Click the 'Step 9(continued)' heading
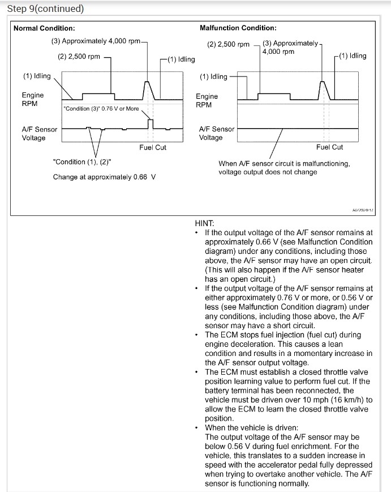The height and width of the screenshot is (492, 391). pyautogui.click(x=45, y=9)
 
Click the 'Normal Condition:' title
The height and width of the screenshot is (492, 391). pyautogui.click(x=44, y=28)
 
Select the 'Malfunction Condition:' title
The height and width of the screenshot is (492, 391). pyautogui.click(x=238, y=28)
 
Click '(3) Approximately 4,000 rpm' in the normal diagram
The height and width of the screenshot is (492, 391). pyautogui.click(x=96, y=41)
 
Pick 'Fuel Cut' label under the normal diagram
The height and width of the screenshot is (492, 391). pyautogui.click(x=153, y=147)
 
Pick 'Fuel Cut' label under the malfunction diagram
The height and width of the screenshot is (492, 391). pyautogui.click(x=330, y=147)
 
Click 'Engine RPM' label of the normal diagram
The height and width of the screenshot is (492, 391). pyautogui.click(x=33, y=100)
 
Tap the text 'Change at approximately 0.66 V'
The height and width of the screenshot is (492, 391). pyautogui.click(x=104, y=177)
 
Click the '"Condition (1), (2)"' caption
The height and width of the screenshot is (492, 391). pyautogui.click(x=81, y=162)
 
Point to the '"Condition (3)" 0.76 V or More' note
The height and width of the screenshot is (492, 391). pyautogui.click(x=101, y=108)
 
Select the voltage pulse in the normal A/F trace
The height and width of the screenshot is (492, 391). pyautogui.click(x=150, y=123)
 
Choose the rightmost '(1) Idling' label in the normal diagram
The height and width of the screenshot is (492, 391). pyautogui.click(x=182, y=60)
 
